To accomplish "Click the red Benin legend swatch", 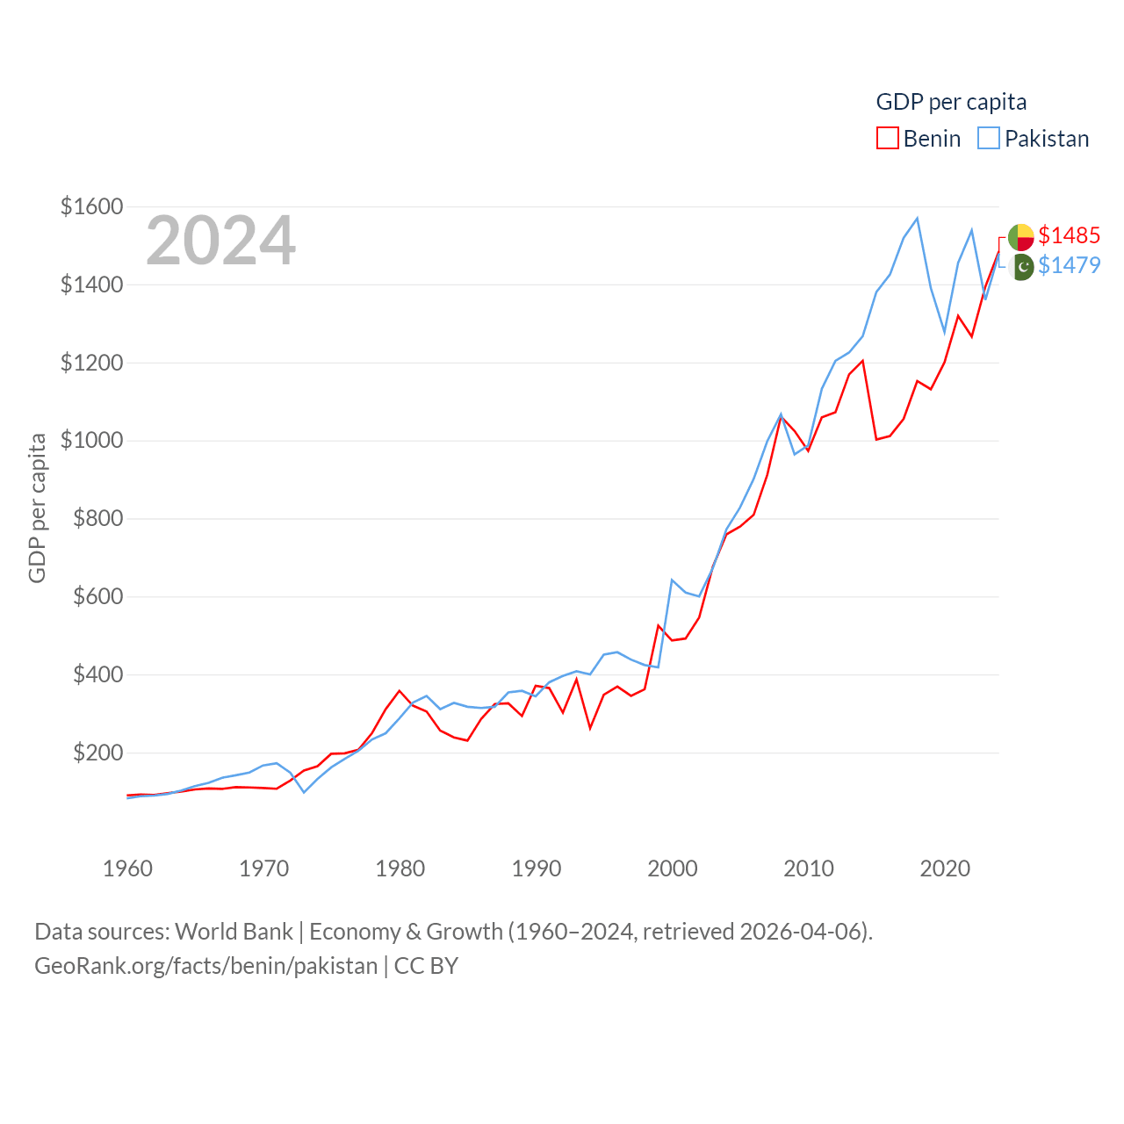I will tap(888, 139).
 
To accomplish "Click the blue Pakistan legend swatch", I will tap(989, 139).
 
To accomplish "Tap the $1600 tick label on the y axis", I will tap(91, 206).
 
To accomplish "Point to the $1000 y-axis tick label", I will tap(91, 440).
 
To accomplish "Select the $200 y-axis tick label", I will tap(97, 753).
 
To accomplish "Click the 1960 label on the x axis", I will tap(127, 868).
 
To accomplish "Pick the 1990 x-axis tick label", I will tap(536, 868).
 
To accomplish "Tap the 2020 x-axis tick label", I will tap(945, 868).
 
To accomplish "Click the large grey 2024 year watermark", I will tap(220, 240).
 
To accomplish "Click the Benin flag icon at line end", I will tap(1020, 237).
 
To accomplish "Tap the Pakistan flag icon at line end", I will tap(1022, 266).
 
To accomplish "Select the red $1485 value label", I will tap(1069, 235).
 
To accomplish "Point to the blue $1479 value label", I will tap(1069, 265).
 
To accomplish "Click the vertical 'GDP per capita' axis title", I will tap(37, 508).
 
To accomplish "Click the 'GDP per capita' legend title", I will tap(951, 102).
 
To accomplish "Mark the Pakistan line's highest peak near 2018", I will tap(917, 219).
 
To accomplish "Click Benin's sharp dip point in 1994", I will tap(590, 728).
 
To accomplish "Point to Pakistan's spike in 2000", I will tap(672, 580).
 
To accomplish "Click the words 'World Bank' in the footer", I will tap(234, 931).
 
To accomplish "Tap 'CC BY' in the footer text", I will tap(426, 966).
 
